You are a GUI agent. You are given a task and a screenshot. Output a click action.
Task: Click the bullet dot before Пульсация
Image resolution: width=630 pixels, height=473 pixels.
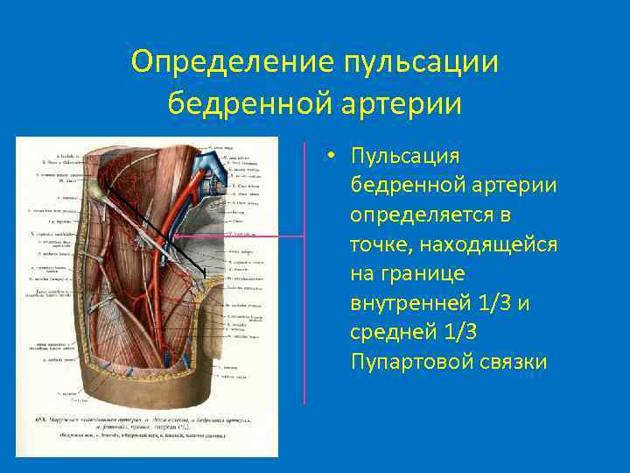pos(333,156)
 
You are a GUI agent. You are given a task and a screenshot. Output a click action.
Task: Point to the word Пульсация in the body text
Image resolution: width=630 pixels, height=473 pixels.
pos(404,156)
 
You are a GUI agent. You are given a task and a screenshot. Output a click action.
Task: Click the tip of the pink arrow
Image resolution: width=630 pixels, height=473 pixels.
pos(174,236)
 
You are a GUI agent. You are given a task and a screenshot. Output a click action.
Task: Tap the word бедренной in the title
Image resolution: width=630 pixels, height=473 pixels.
pos(230,103)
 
